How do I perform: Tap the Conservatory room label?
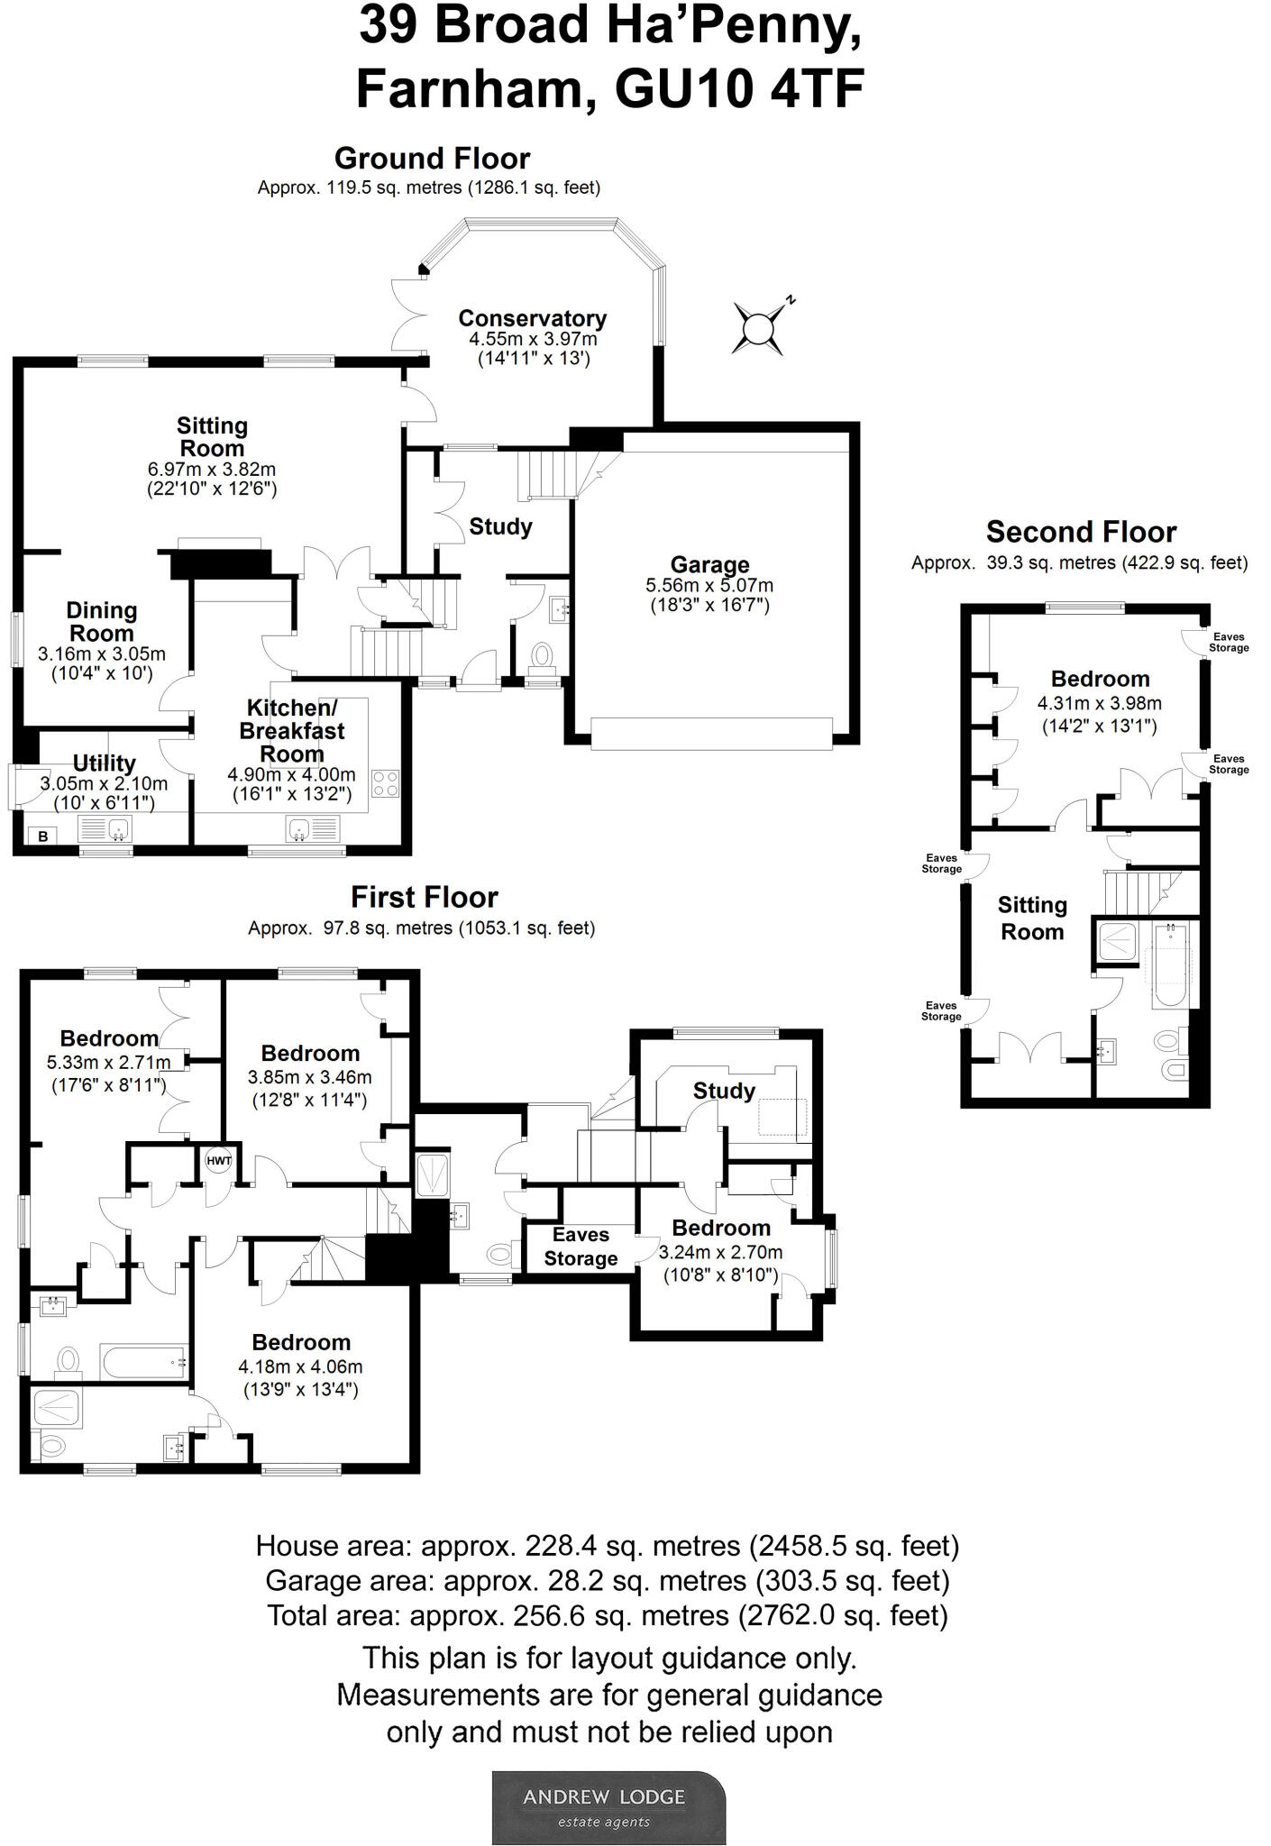click(532, 318)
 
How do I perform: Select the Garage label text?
click(709, 565)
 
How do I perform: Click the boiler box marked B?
click(42, 836)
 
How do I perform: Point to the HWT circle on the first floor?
click(219, 1161)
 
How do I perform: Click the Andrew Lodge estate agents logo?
click(608, 1807)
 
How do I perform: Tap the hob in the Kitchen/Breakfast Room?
click(385, 783)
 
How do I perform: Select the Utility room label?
click(104, 763)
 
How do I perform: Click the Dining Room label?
click(102, 622)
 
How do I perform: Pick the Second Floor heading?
click(1081, 532)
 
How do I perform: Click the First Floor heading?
click(424, 898)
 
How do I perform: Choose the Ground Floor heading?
click(432, 159)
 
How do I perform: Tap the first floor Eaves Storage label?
click(581, 1247)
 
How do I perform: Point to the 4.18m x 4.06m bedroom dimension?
click(301, 1366)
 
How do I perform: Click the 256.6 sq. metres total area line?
click(607, 1615)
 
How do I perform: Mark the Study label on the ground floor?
click(500, 526)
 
